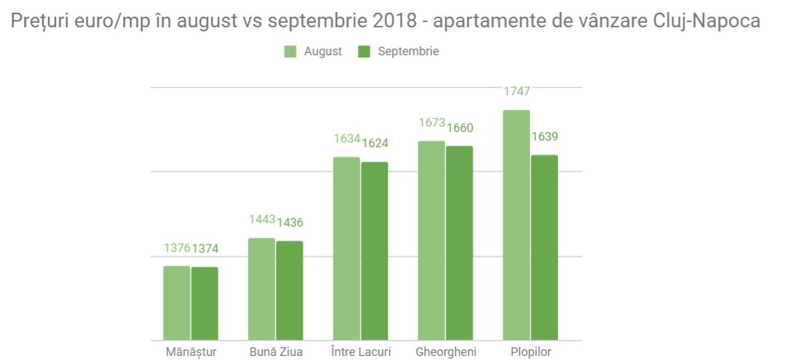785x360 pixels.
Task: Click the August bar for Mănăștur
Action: (176, 303)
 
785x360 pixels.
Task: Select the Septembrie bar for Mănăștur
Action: (204, 303)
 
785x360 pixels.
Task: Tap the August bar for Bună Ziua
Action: (262, 289)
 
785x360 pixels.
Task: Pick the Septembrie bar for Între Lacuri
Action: (374, 251)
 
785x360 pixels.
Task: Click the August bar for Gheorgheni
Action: (431, 240)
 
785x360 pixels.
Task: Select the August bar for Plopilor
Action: (517, 225)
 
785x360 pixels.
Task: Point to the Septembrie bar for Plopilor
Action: (545, 248)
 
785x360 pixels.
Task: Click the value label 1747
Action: (517, 91)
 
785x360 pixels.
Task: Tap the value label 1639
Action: (545, 136)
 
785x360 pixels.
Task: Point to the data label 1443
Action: (262, 219)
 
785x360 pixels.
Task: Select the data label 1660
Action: (459, 128)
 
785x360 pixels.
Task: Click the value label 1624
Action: (375, 143)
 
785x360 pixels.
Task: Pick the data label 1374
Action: (205, 249)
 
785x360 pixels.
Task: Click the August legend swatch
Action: (290, 52)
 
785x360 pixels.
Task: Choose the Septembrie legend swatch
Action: (364, 52)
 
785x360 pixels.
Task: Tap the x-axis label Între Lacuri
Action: (361, 352)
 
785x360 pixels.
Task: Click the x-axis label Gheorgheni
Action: (445, 352)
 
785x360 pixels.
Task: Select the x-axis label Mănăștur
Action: (191, 352)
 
